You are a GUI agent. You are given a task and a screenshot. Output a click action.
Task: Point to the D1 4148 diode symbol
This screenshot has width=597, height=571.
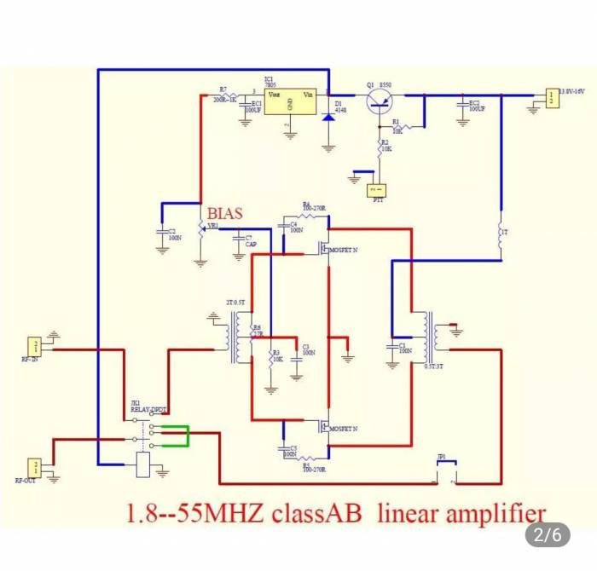coord(328,114)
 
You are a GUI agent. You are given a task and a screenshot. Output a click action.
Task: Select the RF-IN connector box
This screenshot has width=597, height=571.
coord(34,345)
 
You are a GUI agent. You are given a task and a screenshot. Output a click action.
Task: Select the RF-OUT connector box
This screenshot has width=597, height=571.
coord(34,466)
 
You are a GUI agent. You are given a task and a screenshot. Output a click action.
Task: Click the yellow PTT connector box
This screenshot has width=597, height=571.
coord(376,190)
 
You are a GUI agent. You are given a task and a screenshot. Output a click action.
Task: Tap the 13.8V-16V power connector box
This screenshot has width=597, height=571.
coord(553,98)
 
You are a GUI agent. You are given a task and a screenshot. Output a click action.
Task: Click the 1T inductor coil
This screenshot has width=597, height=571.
coord(501,233)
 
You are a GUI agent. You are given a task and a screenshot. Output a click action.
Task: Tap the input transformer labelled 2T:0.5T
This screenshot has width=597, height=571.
coord(236,338)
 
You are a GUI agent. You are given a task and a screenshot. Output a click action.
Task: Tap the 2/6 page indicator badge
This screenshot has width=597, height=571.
coord(548,535)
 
